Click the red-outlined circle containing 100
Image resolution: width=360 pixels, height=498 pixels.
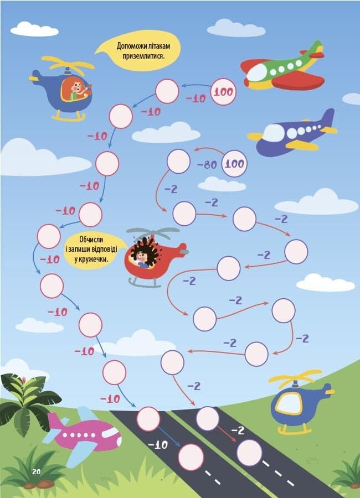(224, 92)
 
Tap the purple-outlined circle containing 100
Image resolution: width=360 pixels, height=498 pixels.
(234, 164)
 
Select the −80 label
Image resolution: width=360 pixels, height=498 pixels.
(207, 164)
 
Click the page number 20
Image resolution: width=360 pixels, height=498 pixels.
(36, 471)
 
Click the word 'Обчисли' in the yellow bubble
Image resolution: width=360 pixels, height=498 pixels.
(91, 239)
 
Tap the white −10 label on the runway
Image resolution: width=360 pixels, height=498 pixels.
(158, 445)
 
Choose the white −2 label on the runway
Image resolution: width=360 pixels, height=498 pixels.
(238, 430)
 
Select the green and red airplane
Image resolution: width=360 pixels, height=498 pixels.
(282, 67)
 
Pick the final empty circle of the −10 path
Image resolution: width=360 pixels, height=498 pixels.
(191, 457)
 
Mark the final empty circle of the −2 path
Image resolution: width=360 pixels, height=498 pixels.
(249, 453)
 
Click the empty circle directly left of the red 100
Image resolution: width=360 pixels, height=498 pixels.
(167, 91)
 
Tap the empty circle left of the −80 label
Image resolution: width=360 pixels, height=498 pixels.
(178, 162)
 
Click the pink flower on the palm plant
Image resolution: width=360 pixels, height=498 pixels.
(24, 379)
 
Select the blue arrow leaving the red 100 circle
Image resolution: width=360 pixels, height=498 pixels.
(196, 85)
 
